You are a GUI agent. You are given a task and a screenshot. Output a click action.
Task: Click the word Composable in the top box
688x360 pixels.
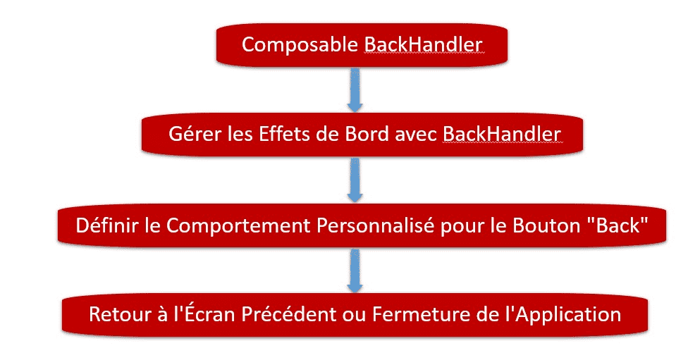click(x=300, y=45)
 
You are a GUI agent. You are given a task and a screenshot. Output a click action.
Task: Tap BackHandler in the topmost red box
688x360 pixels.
click(x=424, y=44)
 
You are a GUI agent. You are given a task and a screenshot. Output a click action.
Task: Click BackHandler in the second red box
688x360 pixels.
click(x=501, y=134)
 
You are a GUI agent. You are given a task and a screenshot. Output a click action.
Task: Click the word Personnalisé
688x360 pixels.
click(x=376, y=225)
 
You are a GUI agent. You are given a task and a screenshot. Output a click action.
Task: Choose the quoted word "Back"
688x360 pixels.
click(x=618, y=225)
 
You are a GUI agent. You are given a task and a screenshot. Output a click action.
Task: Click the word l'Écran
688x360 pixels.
click(x=205, y=314)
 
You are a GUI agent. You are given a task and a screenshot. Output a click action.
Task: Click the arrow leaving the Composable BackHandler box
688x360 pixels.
click(x=355, y=89)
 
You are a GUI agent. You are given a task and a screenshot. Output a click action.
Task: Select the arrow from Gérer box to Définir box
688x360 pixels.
click(x=355, y=180)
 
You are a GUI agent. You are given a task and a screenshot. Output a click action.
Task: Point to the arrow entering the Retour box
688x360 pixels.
click(x=355, y=270)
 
